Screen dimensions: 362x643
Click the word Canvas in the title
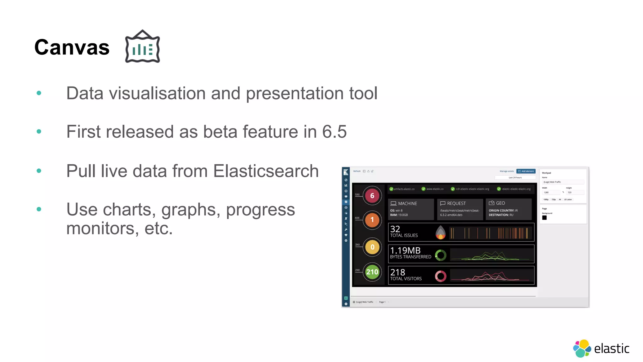tap(72, 47)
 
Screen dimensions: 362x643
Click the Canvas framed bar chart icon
tap(143, 47)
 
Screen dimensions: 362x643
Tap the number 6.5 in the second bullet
tap(334, 132)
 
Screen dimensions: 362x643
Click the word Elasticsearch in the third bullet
tap(266, 171)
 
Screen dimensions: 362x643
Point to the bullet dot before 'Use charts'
tap(39, 209)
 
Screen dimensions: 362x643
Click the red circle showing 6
tap(372, 196)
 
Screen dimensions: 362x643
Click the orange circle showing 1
tap(372, 220)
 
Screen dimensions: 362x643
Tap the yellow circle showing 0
tap(372, 247)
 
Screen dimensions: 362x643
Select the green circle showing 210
tap(372, 272)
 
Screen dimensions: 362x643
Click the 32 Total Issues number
tap(395, 229)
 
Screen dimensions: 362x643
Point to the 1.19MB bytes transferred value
tap(405, 250)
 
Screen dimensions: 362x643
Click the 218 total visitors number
tap(397, 272)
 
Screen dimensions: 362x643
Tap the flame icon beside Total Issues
tap(440, 233)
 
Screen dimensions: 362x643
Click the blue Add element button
tap(526, 171)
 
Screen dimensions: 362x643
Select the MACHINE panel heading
tap(407, 204)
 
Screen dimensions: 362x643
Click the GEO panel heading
tap(500, 203)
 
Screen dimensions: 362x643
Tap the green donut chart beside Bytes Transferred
tap(440, 255)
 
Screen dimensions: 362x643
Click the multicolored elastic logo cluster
tap(582, 348)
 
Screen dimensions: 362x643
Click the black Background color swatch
tap(544, 218)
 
